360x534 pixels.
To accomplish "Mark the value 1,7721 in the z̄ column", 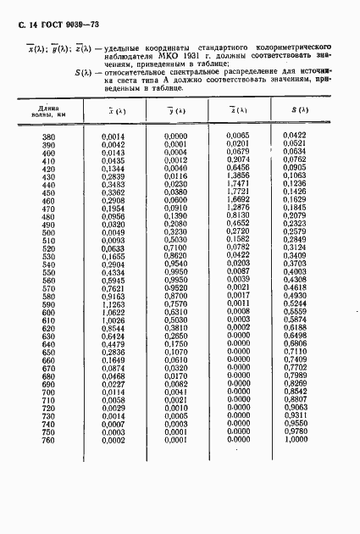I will click(239, 192).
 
